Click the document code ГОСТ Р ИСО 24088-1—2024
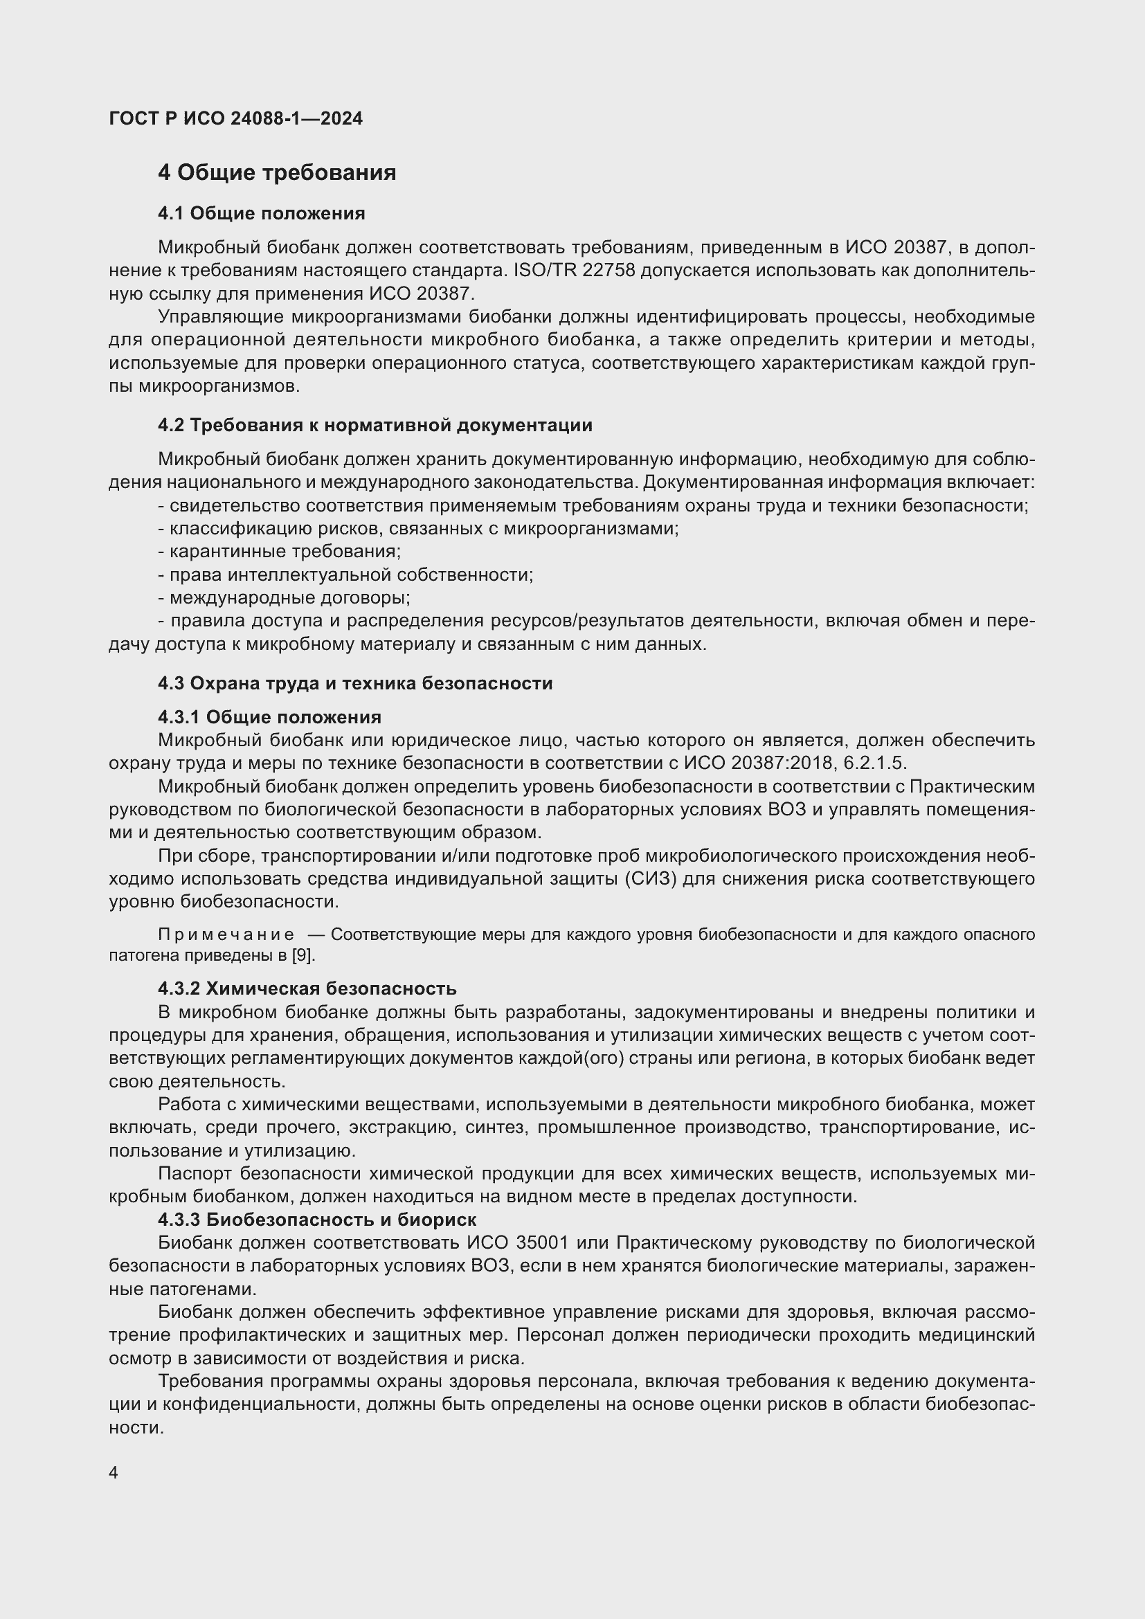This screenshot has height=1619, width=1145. click(235, 118)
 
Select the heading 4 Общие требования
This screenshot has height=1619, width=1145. click(276, 173)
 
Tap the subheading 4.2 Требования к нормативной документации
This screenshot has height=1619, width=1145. click(375, 425)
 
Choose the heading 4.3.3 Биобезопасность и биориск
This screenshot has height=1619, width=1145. click(316, 1219)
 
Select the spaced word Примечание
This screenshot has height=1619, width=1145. click(226, 934)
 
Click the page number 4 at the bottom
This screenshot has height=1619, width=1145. click(114, 1473)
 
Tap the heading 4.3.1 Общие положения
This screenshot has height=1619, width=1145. click(269, 717)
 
